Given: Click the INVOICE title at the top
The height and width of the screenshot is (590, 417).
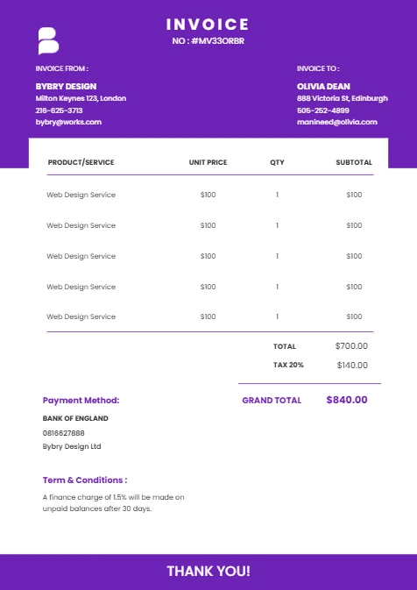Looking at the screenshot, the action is pos(208,25).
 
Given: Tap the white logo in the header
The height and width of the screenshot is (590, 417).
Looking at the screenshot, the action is pos(47,41).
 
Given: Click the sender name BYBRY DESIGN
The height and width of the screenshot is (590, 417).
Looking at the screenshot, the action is pos(66,87).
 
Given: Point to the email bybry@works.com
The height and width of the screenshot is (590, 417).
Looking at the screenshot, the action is pos(68,122).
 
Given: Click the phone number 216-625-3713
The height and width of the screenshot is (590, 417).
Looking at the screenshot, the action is pos(59,110).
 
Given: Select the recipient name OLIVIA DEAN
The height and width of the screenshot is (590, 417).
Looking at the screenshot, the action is pos(323,87).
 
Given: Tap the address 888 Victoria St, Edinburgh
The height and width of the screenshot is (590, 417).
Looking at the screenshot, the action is pos(343,98).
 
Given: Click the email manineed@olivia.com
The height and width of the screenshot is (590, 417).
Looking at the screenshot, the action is pos(337,122).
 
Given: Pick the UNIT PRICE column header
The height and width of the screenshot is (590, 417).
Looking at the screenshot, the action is pos(208,162).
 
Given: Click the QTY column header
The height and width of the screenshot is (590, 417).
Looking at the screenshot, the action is pos(277,162).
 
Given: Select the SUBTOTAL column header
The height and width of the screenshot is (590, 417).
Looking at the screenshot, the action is pos(354,162).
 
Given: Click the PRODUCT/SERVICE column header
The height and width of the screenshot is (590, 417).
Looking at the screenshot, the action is pos(81,162).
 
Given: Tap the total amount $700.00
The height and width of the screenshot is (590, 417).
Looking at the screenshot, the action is pos(351,346).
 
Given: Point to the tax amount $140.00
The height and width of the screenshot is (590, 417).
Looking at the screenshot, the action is pos(351,365).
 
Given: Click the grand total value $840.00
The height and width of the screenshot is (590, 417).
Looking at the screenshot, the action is pos(347,400).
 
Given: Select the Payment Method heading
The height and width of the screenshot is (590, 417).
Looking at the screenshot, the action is pos(81,400).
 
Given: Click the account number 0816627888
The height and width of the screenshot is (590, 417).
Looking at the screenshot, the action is pos(64,432).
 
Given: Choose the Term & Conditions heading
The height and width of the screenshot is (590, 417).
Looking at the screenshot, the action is pos(85,480).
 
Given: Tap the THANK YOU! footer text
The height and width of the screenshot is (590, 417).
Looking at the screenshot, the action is pos(208,572).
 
